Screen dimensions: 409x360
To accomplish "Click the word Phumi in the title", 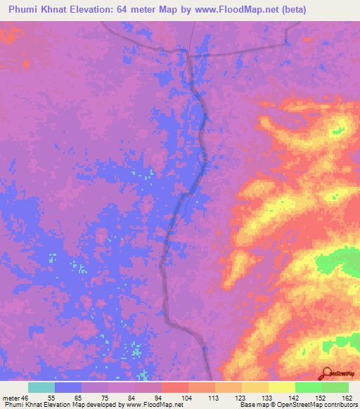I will tap(24, 10).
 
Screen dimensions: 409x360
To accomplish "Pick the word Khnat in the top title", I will tap(54, 10).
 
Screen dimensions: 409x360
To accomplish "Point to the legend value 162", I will tap(347, 397).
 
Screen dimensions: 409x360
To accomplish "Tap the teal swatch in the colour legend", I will tap(41, 387).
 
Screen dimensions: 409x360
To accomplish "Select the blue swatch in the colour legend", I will tap(68, 387).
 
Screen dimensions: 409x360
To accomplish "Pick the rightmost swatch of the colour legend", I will tap(335, 387).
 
